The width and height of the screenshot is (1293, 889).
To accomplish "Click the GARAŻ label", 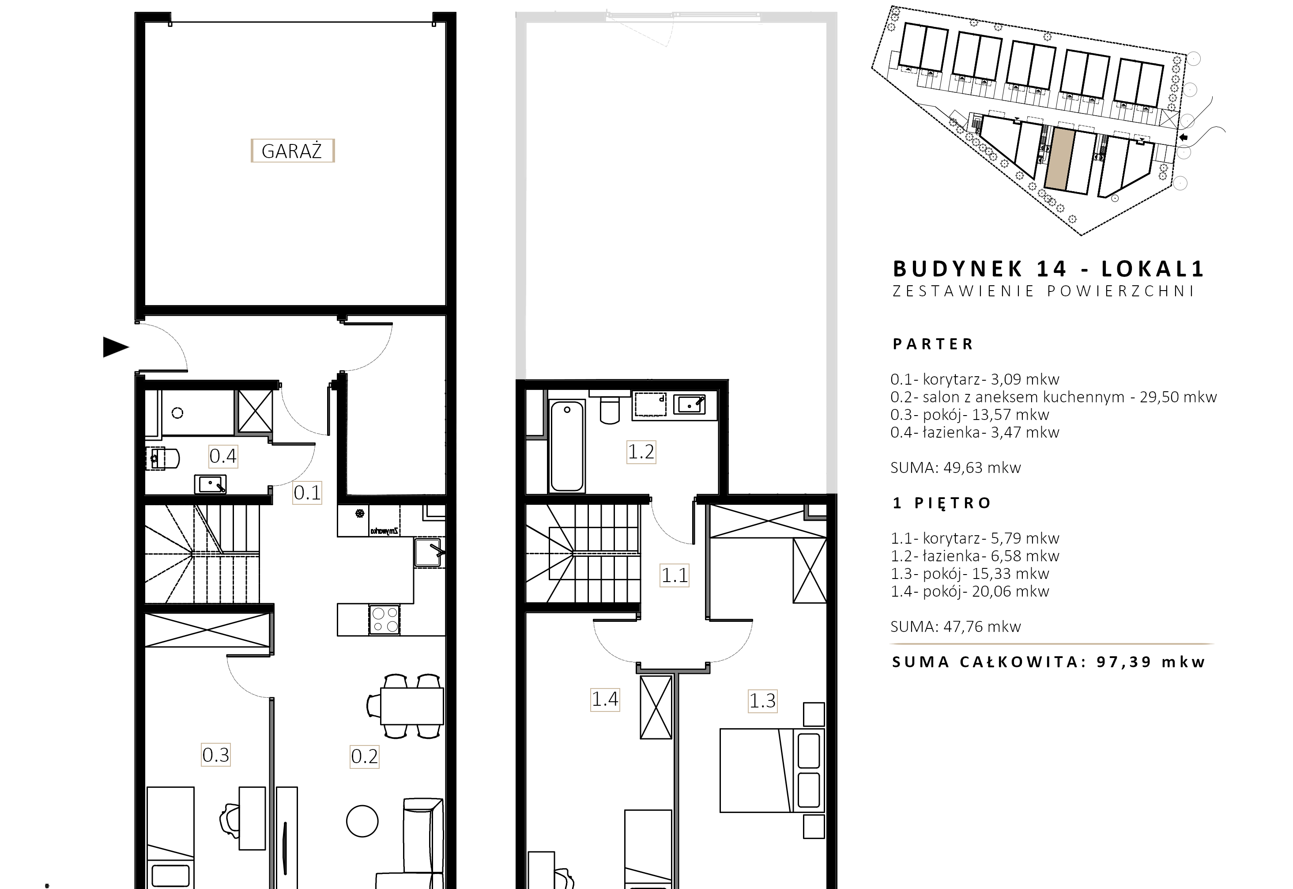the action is pos(292,151).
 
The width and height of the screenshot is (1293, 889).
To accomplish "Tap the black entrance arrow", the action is pos(116,347).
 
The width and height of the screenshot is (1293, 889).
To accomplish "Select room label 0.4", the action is pos(223,456).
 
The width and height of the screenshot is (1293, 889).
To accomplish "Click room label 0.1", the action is pos(307,492).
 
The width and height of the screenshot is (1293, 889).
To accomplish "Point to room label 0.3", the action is pos(215,755).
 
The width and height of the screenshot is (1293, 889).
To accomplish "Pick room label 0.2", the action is pos(364,757).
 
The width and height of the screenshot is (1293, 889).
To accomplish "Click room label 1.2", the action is pos(641,452).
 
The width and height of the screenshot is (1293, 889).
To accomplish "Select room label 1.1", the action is pos(675,575).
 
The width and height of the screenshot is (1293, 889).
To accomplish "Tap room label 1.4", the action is pos(605,699).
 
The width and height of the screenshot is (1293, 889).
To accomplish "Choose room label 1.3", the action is pos(762,701).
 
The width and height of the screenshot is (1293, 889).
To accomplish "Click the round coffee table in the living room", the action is pos(362,821).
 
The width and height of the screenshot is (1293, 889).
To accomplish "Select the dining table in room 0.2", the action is pos(412,706).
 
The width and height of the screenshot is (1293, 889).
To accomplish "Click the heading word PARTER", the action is pos(933,344).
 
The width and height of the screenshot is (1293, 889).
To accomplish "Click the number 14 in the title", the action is pos(1052,269).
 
